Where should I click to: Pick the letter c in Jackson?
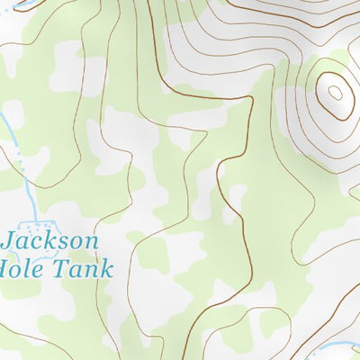tap(39, 244)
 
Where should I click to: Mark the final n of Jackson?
tap(91, 244)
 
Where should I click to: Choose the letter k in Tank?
tap(107, 268)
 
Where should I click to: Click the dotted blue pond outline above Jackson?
tap(40, 220)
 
